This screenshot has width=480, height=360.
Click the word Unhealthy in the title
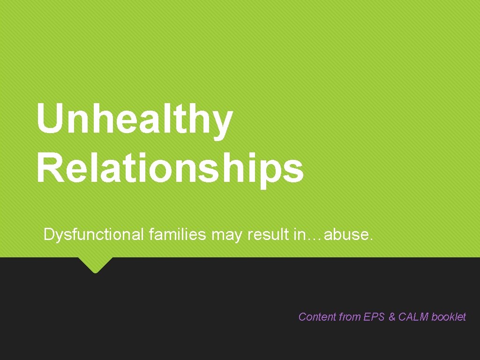pos(134,120)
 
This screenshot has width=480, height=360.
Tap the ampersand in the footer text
pos(392,317)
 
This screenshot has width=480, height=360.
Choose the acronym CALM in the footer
pos(413,317)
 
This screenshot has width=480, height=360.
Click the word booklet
pos(449,317)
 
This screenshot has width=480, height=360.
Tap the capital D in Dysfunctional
pos(48,234)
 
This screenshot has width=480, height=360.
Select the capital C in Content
pos(302,317)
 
